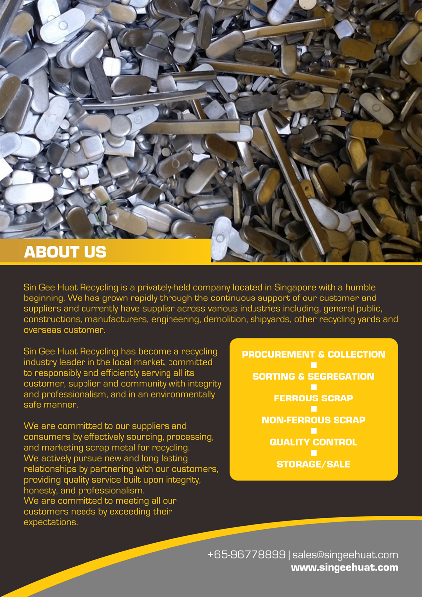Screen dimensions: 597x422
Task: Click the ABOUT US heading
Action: pos(65,252)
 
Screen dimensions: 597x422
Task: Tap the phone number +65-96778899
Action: pos(246,555)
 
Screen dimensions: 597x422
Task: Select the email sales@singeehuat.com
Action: pos(345,555)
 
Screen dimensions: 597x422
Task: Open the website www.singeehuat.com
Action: pos(344,567)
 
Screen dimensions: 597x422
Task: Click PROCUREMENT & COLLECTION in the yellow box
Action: pos(313,355)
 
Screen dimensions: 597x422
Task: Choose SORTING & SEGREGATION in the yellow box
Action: pos(313,377)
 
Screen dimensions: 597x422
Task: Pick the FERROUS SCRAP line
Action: pos(313,398)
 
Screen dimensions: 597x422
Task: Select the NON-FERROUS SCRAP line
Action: pos(313,420)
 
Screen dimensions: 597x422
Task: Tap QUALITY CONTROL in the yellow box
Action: pos(313,442)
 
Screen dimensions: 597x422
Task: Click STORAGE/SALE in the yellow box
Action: pos(313,464)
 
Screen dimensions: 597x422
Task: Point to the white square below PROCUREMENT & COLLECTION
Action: pos(313,366)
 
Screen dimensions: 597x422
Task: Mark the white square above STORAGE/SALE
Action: pos(313,453)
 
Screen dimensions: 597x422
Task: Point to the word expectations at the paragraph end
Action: pos(51,523)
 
